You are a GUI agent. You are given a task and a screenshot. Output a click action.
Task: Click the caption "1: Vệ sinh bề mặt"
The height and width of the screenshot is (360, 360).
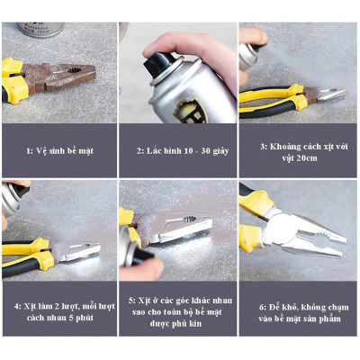click(x=59, y=149)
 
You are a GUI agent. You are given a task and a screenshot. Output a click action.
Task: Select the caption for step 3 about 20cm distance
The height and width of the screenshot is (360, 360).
click(x=297, y=148)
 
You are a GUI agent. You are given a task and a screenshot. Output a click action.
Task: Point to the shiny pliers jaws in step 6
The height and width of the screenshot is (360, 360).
click(x=319, y=236)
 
